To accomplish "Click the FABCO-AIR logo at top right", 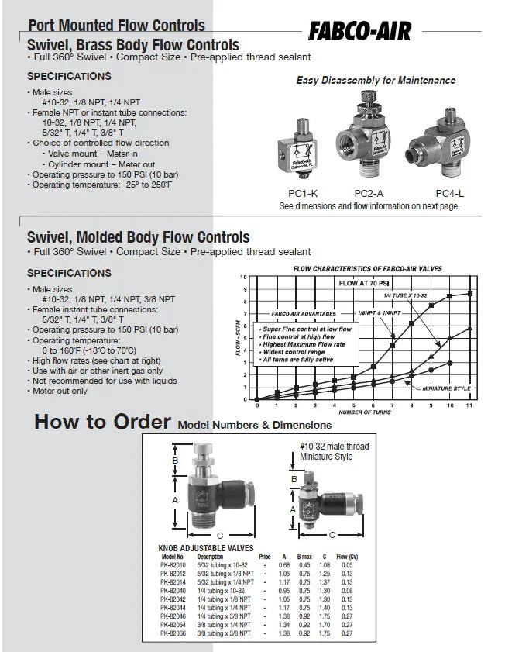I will pos(359,31).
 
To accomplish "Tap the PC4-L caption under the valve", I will pos(448,193).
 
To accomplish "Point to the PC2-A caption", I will pos(369,193).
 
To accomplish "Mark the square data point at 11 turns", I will pos(470,293).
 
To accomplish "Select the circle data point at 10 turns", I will pos(451,363).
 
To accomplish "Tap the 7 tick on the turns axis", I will pos(393,405).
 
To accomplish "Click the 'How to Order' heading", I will pos(102,423).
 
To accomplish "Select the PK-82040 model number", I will pos(173,589).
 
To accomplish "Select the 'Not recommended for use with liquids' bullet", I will pos(98,381).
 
